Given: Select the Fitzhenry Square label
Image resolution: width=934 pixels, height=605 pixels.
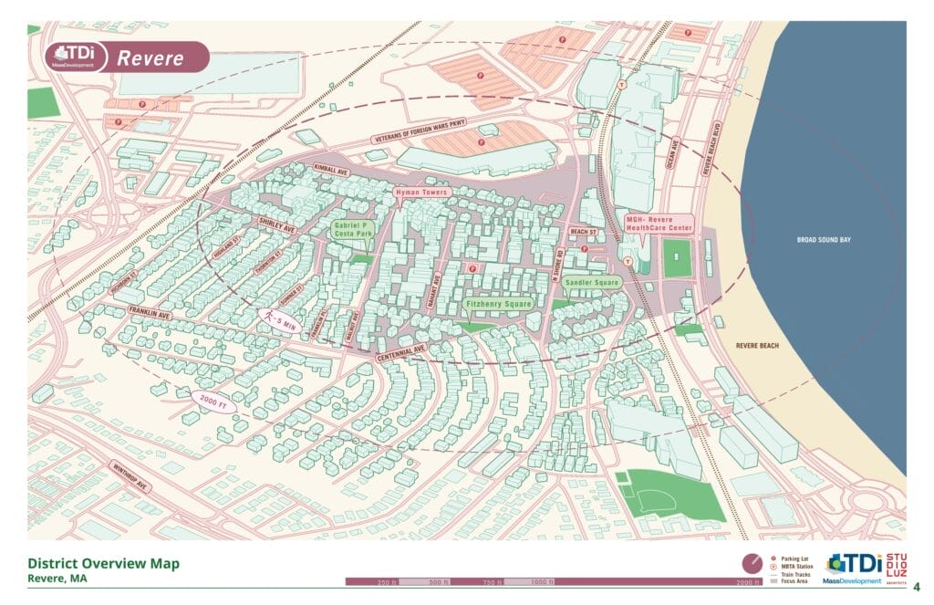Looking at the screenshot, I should pos(498,303).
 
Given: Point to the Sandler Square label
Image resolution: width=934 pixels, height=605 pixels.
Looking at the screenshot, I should pos(591,283).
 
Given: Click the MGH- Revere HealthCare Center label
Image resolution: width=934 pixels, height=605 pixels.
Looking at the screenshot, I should pos(659,224).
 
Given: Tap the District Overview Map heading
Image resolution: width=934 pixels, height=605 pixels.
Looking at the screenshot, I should pos(103,563).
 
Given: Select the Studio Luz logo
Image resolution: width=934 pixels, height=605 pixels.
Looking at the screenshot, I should pos(897,566).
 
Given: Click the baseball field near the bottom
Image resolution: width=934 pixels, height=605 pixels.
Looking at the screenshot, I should pos(669,495).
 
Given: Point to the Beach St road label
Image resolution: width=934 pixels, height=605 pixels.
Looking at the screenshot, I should pos(582,233).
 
